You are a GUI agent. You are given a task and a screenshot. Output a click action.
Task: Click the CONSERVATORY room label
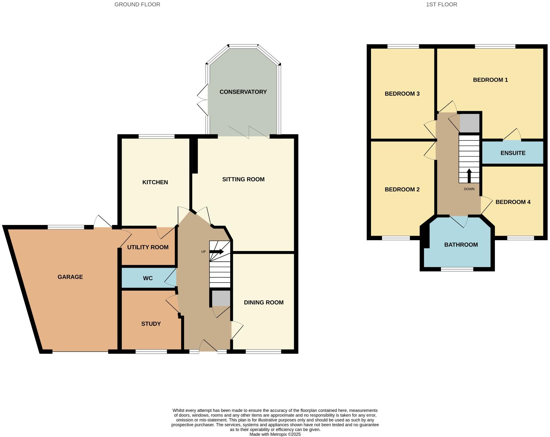(x=243, y=92)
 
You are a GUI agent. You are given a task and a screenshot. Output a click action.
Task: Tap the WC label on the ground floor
(x=148, y=278)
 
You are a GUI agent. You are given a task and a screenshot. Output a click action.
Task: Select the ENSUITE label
(x=513, y=153)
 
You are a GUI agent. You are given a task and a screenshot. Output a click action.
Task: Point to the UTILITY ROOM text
(x=148, y=247)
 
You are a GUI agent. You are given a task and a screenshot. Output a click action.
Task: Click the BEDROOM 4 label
(x=513, y=202)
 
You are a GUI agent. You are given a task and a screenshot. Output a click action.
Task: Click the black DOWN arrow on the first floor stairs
(x=469, y=176)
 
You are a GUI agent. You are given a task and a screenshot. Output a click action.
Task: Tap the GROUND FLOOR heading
(x=137, y=5)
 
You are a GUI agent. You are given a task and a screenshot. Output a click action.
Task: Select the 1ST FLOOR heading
(x=442, y=5)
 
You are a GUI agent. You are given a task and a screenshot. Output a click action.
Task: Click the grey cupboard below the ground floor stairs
(x=221, y=298)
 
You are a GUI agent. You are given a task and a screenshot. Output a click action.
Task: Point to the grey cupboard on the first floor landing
(x=469, y=123)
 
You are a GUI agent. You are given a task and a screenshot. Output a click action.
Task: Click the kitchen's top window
(x=157, y=136)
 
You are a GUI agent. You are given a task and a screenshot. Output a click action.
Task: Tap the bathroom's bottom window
(x=457, y=269)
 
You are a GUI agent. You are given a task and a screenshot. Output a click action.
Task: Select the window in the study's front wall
(x=151, y=352)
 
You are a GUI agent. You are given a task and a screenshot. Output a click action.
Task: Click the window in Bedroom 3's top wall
(x=403, y=46)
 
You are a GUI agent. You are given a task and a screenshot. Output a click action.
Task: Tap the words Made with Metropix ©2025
(x=275, y=434)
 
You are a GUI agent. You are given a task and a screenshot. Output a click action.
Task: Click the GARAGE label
(x=70, y=277)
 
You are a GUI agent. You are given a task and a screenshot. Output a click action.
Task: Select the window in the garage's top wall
(x=66, y=227)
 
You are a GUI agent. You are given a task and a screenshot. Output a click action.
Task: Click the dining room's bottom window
(x=263, y=352)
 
